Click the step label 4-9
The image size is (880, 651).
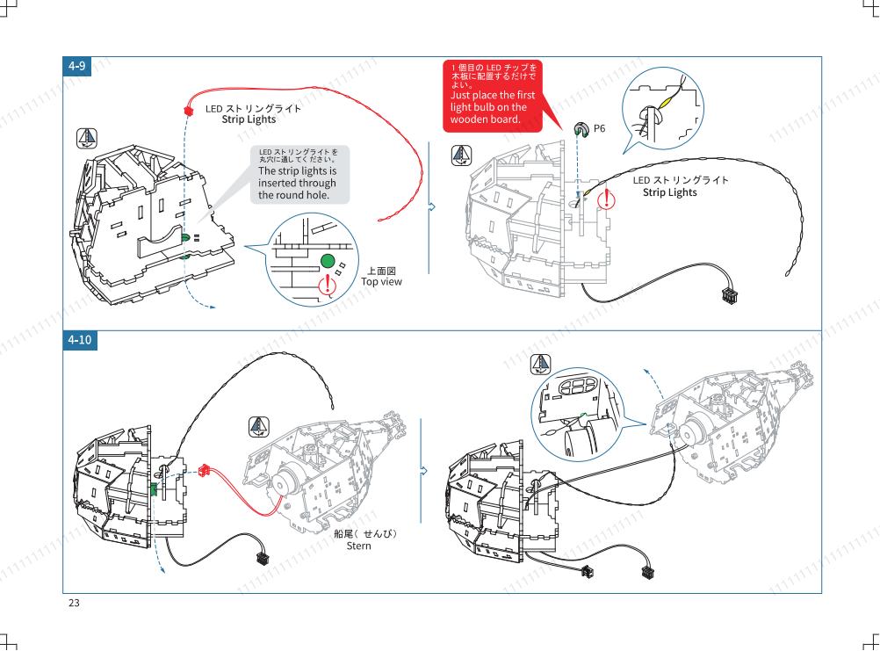pyautogui.click(x=77, y=66)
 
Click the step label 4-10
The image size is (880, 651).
pyautogui.click(x=80, y=340)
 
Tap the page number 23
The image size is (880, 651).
pyautogui.click(x=74, y=603)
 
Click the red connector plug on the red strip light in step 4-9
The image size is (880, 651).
pyautogui.click(x=188, y=110)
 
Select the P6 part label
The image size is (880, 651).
pyautogui.click(x=599, y=128)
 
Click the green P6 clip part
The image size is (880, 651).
pyautogui.click(x=581, y=130)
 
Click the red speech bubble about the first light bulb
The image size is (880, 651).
pyautogui.click(x=494, y=96)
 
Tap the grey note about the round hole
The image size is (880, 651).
pyautogui.click(x=299, y=175)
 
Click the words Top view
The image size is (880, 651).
pyautogui.click(x=381, y=282)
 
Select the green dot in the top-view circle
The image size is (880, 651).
pyautogui.click(x=328, y=261)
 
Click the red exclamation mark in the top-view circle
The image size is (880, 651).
pyautogui.click(x=328, y=285)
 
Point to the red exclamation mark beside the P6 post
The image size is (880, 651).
pyautogui.click(x=606, y=199)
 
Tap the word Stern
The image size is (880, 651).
pyautogui.click(x=358, y=546)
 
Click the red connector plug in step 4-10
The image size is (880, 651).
pyautogui.click(x=205, y=470)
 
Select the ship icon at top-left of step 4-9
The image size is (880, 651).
pyautogui.click(x=86, y=138)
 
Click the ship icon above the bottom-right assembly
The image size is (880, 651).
pyautogui.click(x=540, y=365)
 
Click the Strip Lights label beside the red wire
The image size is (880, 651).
pyautogui.click(x=249, y=119)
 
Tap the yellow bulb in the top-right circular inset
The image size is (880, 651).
pyautogui.click(x=667, y=103)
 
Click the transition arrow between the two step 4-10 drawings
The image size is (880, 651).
pyautogui.click(x=423, y=472)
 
